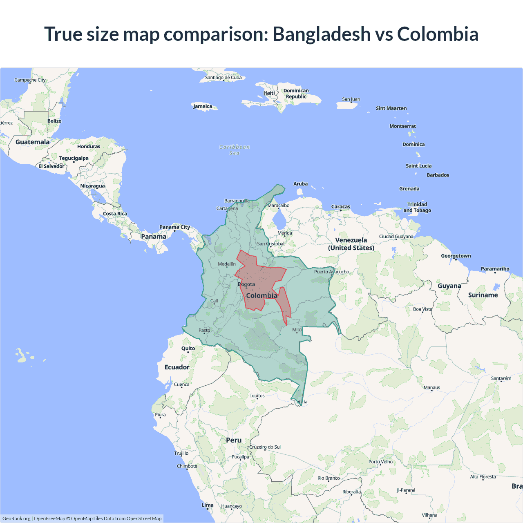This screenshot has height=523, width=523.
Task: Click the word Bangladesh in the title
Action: click(321, 34)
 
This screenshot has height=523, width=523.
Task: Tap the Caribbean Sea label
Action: click(235, 150)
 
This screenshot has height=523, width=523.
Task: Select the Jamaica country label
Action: click(203, 106)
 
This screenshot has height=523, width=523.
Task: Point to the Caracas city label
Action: click(341, 207)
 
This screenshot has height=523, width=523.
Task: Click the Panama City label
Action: click(174, 227)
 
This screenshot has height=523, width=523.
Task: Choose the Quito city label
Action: click(188, 349)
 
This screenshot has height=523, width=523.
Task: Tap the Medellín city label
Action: click(227, 264)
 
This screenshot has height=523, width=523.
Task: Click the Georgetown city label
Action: click(456, 256)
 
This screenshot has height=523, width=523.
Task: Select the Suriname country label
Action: click(483, 295)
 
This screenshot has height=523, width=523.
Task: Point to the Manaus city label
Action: click(432, 387)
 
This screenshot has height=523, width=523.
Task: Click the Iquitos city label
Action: click(257, 396)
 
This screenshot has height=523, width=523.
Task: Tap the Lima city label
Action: click(208, 505)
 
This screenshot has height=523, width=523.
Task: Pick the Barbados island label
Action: click(438, 175)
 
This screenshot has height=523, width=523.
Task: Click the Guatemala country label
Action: click(32, 142)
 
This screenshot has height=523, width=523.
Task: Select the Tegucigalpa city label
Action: click(74, 158)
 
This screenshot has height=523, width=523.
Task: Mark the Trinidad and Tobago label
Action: click(417, 207)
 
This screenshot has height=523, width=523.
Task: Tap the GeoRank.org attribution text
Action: click(16, 519)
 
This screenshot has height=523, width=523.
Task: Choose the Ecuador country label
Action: click(177, 367)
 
